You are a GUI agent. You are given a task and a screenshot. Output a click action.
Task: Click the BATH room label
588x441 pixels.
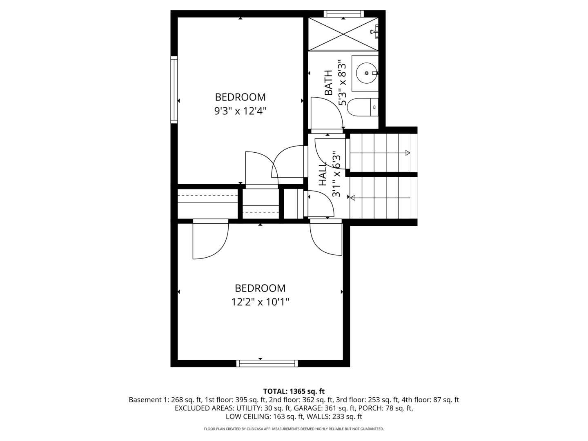(x=328, y=83)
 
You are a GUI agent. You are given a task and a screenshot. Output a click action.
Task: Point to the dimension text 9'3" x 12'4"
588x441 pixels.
(x=241, y=111)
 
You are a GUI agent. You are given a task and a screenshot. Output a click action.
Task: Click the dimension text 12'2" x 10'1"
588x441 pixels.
(x=260, y=302)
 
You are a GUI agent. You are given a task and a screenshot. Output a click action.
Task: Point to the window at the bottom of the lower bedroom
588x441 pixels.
(x=267, y=363)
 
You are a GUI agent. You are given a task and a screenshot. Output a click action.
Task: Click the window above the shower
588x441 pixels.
(x=344, y=14)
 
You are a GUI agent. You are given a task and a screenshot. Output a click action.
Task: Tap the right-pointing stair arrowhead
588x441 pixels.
(x=408, y=153)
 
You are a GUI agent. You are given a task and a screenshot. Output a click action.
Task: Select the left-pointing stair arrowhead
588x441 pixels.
(x=352, y=198)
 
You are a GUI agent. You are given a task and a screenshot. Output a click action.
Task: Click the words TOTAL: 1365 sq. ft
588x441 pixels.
(x=294, y=391)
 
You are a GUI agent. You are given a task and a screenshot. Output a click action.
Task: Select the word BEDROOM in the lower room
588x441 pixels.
(x=260, y=288)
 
